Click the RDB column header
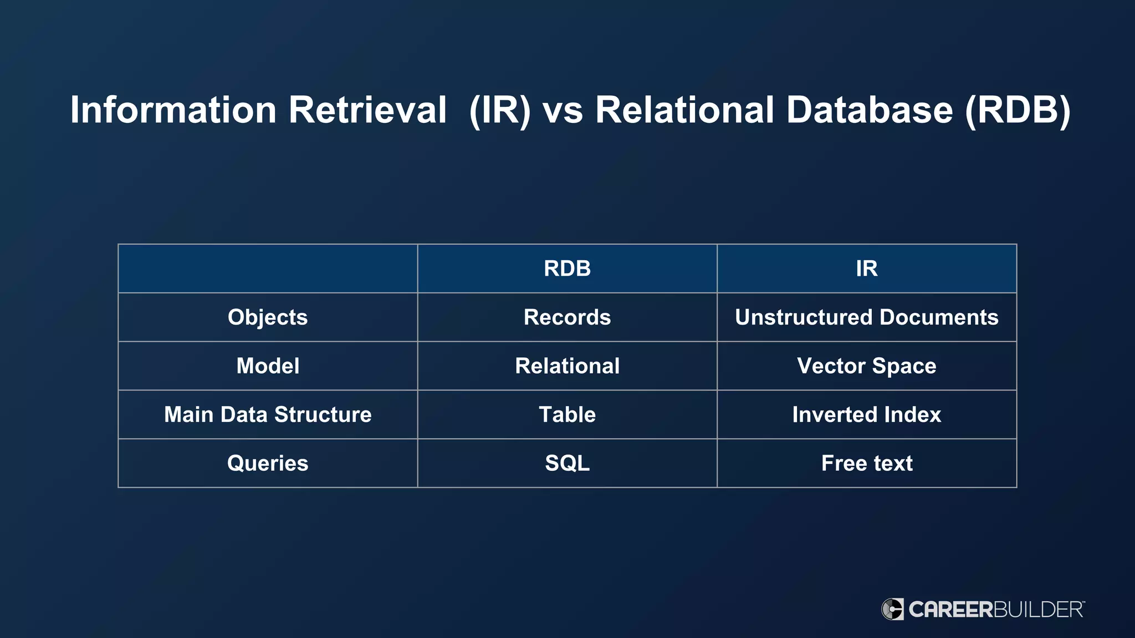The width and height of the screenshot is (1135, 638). tap(567, 269)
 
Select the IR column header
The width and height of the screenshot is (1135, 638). tap(866, 269)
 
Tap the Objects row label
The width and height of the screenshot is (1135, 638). tap(268, 317)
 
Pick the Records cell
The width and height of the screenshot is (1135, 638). tap(567, 317)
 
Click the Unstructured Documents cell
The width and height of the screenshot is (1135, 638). tap(866, 317)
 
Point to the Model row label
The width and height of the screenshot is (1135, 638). tap(268, 366)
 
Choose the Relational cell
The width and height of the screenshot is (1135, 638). tap(567, 366)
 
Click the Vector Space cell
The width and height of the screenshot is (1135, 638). tap(866, 366)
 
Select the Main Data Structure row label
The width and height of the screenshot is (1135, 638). tap(268, 415)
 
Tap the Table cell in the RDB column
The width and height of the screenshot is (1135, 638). tap(567, 415)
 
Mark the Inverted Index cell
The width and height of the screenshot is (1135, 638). tap(866, 415)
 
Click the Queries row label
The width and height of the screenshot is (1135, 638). tap(268, 464)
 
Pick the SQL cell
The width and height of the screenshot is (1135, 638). tap(567, 464)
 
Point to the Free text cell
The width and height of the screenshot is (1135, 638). tap(866, 464)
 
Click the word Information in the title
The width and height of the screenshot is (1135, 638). tap(173, 110)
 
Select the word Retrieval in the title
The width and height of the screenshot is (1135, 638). tap(367, 110)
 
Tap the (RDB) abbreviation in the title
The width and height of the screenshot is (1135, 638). tap(1018, 110)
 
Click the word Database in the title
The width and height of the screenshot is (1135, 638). tap(870, 110)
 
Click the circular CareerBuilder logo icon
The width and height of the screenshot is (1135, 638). tap(892, 609)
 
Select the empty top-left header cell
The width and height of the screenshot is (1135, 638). tap(268, 269)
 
